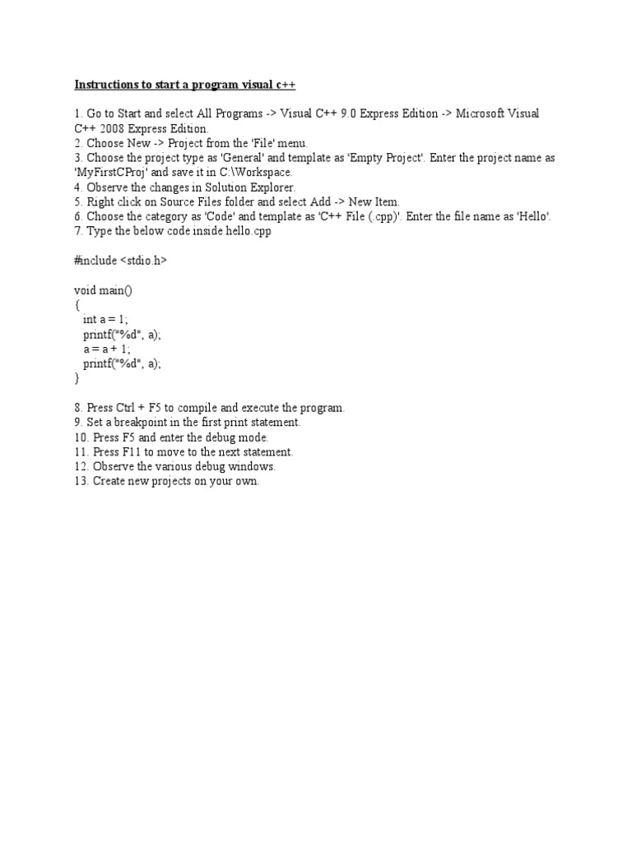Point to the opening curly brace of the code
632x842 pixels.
[x=77, y=305]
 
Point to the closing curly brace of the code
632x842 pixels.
[x=77, y=379]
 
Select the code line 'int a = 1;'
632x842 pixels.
[x=105, y=320]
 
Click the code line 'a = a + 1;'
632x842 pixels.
[x=106, y=349]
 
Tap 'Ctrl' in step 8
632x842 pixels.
[x=129, y=408]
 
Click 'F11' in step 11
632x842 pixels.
[x=133, y=452]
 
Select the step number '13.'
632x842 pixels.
[x=81, y=482]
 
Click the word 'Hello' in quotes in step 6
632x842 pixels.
[x=533, y=217]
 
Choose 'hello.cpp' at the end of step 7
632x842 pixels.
[x=244, y=232]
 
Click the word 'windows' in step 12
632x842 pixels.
[x=252, y=467]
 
